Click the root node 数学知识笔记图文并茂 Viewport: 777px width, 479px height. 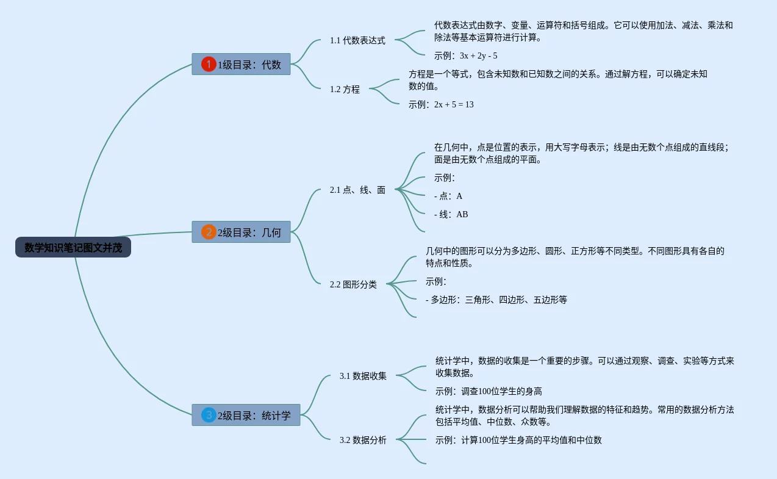coord(73,248)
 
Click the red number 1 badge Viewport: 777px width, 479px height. coord(209,64)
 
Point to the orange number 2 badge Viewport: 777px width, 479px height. coord(209,232)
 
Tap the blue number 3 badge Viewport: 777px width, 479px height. coord(209,415)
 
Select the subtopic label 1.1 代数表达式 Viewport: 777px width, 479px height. coord(357,40)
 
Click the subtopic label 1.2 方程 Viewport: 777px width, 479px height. coord(345,89)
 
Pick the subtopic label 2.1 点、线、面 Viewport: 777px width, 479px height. coord(357,190)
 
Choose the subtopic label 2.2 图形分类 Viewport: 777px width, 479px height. coord(353,284)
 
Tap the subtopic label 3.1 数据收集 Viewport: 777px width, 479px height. coord(363,376)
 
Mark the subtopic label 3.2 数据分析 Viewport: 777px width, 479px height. coord(363,440)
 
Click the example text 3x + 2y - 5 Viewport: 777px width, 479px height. coord(478,56)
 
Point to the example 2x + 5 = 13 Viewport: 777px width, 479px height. coord(454,104)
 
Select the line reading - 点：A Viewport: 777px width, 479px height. coord(448,196)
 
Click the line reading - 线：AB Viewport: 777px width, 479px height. coord(451,214)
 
